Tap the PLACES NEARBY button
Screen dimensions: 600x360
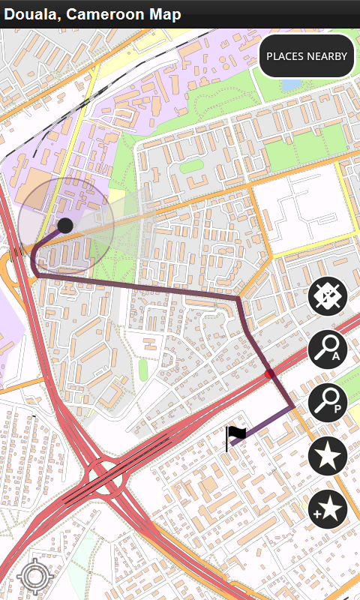point(307,56)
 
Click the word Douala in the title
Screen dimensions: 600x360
point(29,14)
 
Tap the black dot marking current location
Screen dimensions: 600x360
point(65,225)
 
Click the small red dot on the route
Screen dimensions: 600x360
point(270,373)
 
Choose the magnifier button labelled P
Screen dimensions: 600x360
point(328,403)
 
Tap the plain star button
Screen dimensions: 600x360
point(328,456)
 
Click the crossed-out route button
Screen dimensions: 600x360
point(328,296)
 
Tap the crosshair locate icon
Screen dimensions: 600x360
point(33,577)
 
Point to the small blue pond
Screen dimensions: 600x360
point(289,84)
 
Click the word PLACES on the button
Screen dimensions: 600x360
point(284,56)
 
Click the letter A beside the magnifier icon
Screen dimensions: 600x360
point(337,356)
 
